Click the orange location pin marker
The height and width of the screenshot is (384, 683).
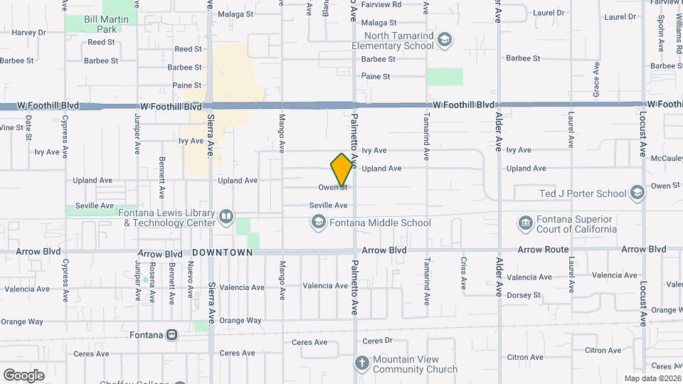342,169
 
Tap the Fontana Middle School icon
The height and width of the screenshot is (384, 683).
317,223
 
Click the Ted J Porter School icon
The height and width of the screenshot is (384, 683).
637,193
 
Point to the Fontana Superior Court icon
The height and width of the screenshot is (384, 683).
525,223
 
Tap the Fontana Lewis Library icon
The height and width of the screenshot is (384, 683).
226,215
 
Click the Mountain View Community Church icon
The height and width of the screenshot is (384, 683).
361,364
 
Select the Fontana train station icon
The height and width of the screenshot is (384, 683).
171,334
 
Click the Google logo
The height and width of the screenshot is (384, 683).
23,375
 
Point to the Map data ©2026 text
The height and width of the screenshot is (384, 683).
652,378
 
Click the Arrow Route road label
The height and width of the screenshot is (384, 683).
543,250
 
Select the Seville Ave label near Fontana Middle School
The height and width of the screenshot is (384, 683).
328,206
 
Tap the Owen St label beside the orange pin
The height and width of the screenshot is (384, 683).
332,188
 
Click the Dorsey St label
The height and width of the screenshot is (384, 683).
524,295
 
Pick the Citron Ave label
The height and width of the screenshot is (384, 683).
603,351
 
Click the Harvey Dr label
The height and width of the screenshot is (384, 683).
28,32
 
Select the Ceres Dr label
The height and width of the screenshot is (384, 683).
378,341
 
